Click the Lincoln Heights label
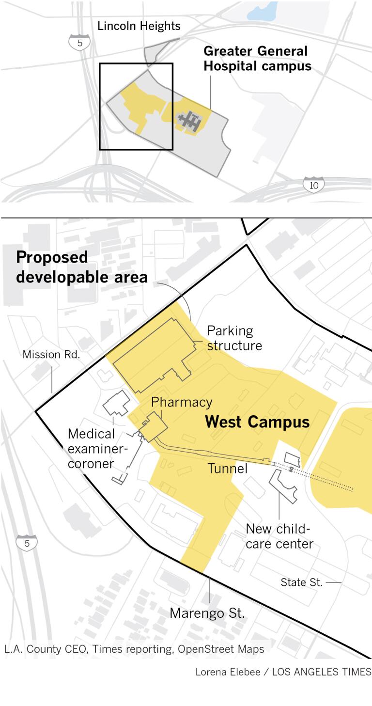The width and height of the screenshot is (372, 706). pos(139,26)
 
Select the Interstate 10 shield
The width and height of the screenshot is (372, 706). pos(313,185)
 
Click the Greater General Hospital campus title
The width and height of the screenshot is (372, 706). pos(257,59)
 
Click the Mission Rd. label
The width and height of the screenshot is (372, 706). pos(51,355)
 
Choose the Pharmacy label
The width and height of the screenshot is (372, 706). pos(182,402)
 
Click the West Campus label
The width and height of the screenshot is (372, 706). pos(257,422)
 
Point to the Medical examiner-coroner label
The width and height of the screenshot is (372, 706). pos(97,448)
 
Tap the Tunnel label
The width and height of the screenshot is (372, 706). pos(228,468)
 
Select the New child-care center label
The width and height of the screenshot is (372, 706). pos(279,536)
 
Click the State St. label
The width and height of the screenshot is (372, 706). pos(301,582)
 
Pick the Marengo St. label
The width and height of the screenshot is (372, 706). pos(207,613)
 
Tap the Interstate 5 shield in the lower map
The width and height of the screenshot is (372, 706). pos(27,543)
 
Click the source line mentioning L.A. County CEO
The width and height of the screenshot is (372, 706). pos(134,649)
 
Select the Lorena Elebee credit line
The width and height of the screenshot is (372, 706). pos(283,672)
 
